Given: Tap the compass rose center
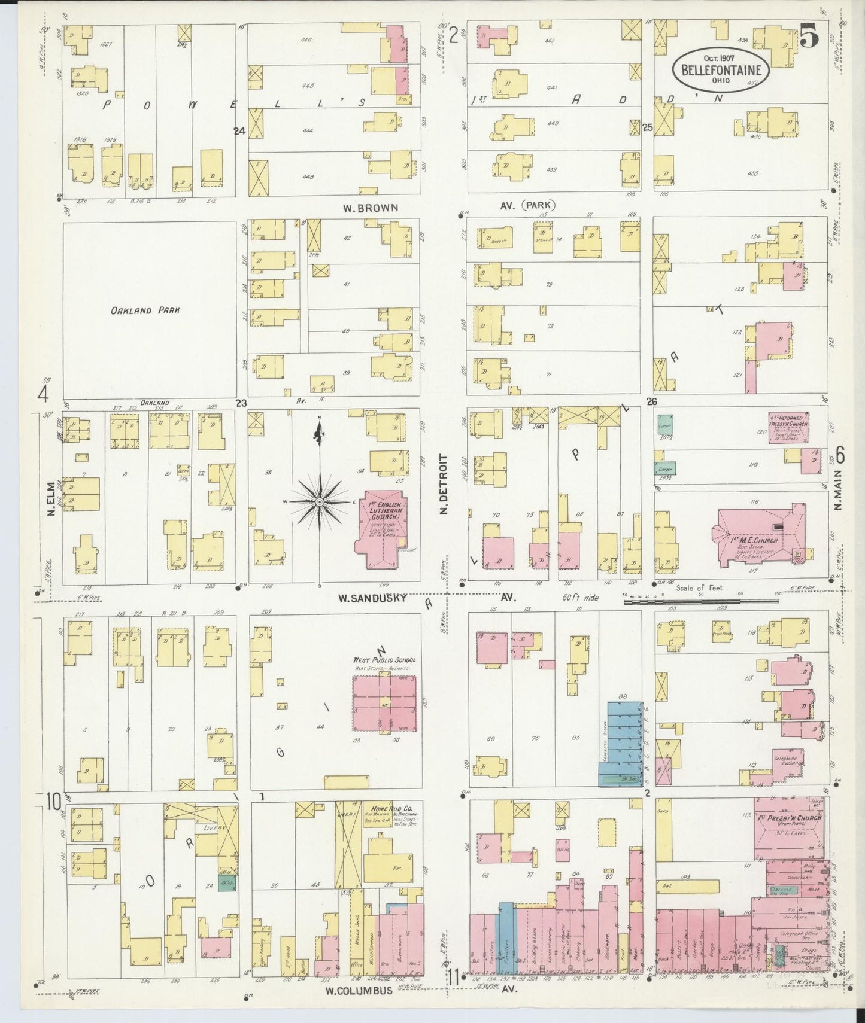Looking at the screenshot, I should [x=320, y=501].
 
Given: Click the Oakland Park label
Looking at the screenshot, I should [x=145, y=310].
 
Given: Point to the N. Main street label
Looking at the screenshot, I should [x=837, y=489].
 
